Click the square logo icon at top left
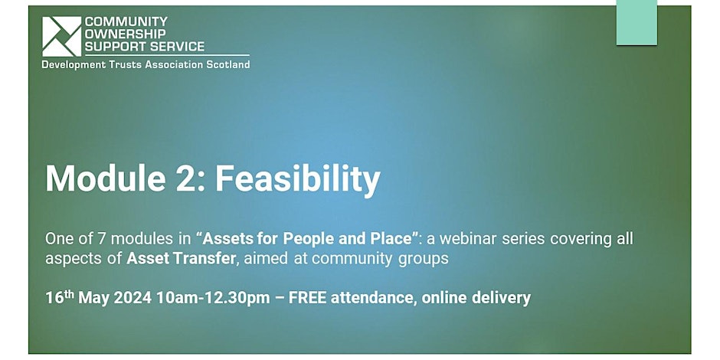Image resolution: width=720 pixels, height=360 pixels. coord(61,36)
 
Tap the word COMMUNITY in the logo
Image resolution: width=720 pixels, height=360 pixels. coord(126,21)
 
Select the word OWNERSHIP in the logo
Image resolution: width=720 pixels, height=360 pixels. coord(126,34)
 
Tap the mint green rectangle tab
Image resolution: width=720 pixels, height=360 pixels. coord(637,22)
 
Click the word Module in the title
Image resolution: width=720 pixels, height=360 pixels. coord(106,178)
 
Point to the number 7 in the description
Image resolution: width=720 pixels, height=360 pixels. coord(103,239)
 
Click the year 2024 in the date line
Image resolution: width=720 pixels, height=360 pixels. coord(133,298)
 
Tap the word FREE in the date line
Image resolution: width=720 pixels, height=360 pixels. coord(308,298)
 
